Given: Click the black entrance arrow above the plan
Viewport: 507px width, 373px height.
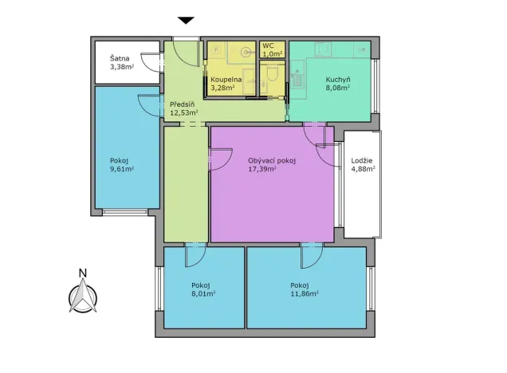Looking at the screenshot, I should [186, 20].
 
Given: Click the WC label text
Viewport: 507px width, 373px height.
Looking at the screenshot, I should [268, 46].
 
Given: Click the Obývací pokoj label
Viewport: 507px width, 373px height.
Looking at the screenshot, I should [272, 159].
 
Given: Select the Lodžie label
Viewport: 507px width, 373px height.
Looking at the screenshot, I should [363, 159].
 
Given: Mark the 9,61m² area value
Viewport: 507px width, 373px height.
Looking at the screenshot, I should [121, 169].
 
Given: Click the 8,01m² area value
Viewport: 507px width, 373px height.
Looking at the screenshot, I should [203, 293].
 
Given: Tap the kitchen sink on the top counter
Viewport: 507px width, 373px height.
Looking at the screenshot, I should [323, 50].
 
